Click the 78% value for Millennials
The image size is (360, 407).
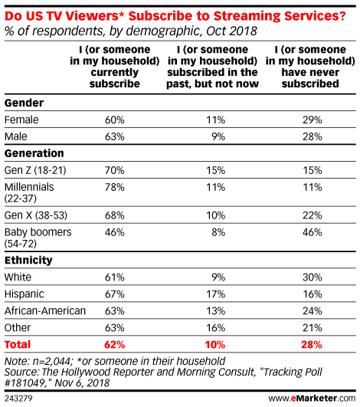(114, 187)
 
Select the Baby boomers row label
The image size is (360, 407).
(38, 238)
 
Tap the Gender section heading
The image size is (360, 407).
(24, 103)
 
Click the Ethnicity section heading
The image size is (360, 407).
(28, 260)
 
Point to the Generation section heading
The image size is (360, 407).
(34, 153)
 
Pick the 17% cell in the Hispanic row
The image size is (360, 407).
(215, 294)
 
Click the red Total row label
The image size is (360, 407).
(18, 344)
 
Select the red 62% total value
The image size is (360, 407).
(114, 345)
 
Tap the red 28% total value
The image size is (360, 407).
(312, 345)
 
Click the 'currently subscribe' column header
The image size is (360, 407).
(115, 67)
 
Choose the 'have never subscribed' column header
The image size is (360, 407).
(310, 67)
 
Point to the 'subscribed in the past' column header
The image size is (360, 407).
(212, 67)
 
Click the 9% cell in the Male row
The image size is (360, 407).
(218, 136)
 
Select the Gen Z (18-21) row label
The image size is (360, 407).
(35, 170)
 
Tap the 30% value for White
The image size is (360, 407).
(313, 277)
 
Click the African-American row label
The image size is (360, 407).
(45, 310)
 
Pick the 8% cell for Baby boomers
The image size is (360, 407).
(218, 232)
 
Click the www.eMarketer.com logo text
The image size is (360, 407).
(312, 398)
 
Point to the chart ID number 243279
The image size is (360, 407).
(18, 399)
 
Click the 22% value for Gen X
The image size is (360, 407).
(313, 215)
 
